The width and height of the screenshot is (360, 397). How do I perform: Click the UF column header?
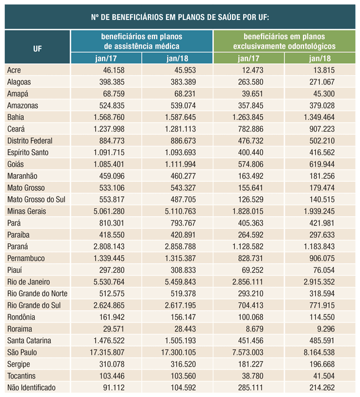point(38,49)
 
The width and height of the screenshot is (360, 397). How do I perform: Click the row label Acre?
point(14,70)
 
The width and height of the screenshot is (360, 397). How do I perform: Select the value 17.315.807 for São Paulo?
point(107,353)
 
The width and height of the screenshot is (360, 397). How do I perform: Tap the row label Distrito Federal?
point(30,141)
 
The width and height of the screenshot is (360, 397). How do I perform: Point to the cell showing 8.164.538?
point(319,353)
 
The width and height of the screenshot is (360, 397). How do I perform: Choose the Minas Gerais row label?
point(27,211)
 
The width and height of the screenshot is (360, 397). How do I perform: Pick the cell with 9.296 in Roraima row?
point(326,329)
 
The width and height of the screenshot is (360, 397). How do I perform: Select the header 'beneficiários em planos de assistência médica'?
point(142,41)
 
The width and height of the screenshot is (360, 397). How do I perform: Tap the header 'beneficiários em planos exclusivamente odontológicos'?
point(284,41)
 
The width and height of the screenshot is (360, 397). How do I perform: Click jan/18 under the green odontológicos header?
point(320,58)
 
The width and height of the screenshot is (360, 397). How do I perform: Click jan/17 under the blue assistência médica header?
point(106,58)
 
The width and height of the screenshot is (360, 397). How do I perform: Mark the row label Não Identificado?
point(32,388)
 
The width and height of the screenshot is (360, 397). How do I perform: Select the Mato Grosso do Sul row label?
point(36,200)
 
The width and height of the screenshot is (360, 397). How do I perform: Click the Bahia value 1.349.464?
point(319,117)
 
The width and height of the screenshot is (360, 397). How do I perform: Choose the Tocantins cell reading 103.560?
point(183,376)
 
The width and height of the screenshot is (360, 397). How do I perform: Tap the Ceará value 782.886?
point(251,129)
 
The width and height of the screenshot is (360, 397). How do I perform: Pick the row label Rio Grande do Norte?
point(37,294)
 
